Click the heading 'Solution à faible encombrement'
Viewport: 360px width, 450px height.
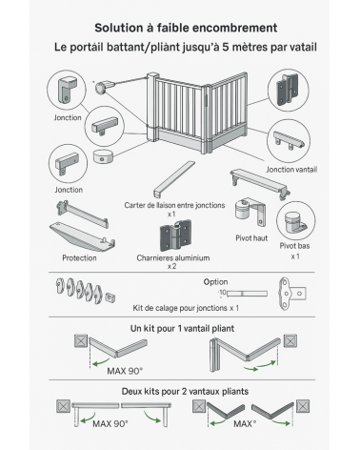pos(186,28)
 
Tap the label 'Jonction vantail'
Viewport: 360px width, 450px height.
pos(291,170)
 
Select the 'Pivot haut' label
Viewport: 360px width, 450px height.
pos(251,238)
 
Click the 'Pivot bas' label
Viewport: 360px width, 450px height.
pos(294,246)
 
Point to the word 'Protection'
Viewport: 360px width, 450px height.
pos(79,257)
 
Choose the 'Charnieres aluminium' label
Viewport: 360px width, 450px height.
pos(173,257)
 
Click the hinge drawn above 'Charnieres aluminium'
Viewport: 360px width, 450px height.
pos(175,235)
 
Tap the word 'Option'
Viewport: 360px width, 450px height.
pos(215,282)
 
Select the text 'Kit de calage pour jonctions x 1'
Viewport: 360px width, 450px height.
pos(186,308)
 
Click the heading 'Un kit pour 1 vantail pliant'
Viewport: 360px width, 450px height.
pos(182,328)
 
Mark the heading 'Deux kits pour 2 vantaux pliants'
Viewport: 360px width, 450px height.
pos(185,391)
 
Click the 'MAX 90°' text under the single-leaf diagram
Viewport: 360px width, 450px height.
pos(125,371)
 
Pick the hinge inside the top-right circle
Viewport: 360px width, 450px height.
pos(288,90)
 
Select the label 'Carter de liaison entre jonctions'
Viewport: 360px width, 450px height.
pos(174,205)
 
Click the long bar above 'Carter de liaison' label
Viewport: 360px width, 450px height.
pos(174,179)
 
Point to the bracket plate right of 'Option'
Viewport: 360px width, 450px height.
pos(292,294)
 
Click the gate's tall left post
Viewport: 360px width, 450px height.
pos(152,108)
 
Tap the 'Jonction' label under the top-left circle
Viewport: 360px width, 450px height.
pos(68,117)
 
